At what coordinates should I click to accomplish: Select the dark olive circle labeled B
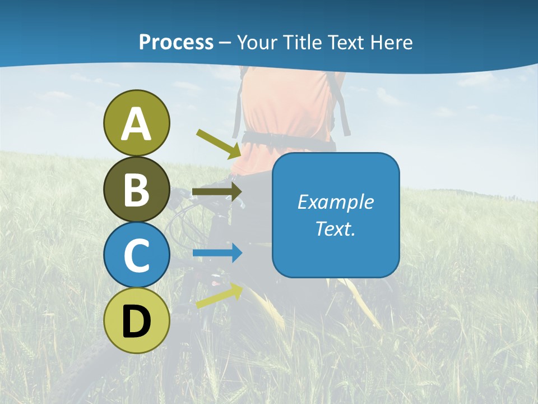tap(137, 189)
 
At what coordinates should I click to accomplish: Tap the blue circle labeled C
tap(137, 255)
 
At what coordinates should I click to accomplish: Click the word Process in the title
tap(176, 42)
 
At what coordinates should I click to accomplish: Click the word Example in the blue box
tap(336, 202)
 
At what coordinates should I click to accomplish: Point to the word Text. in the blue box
tap(336, 228)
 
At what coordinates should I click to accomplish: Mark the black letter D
tap(137, 322)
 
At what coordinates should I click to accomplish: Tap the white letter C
tap(137, 256)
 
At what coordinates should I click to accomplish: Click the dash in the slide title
tap(225, 43)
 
